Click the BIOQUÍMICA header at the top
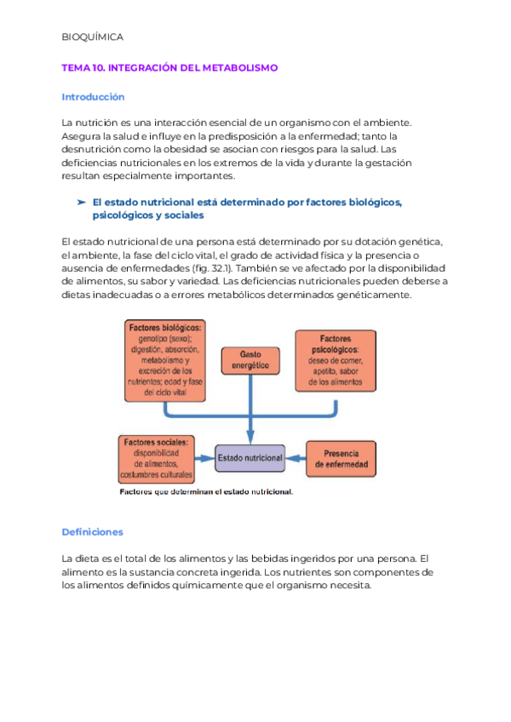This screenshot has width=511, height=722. coord(93,37)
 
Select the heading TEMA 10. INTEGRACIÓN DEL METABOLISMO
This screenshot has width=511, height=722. coord(170,67)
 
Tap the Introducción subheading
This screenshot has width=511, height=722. coord(93,97)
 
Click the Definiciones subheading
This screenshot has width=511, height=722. coord(92,531)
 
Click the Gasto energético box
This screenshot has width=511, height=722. coord(250,361)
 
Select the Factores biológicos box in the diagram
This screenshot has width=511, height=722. coord(165,361)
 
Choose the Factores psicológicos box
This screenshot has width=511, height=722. coord(336,361)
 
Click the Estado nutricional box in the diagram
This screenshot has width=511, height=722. coord(250,458)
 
